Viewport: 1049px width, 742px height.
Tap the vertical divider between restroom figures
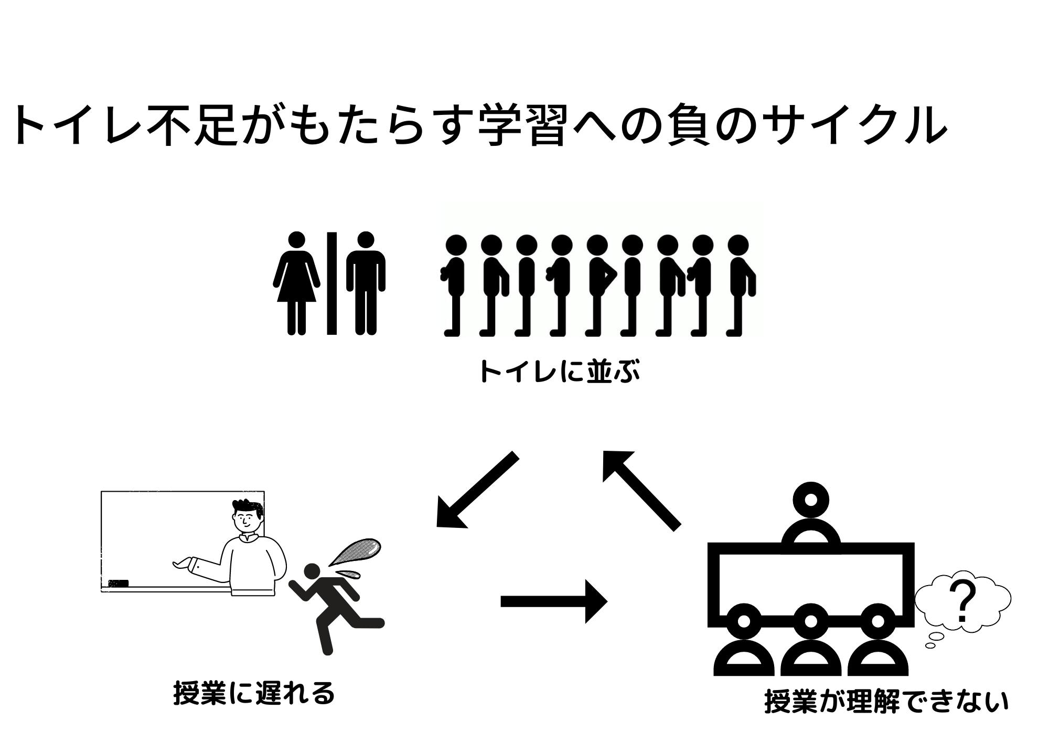(x=331, y=283)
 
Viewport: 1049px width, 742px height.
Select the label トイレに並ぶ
(x=559, y=372)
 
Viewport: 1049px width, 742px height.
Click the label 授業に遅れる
(x=254, y=693)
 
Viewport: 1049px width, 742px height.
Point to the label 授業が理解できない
(x=886, y=702)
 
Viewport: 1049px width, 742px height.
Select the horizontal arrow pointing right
(x=553, y=601)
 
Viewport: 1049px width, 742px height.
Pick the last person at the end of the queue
(x=740, y=283)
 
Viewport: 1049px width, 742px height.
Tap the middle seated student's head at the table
(x=811, y=621)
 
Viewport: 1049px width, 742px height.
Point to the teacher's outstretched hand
(x=181, y=564)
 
